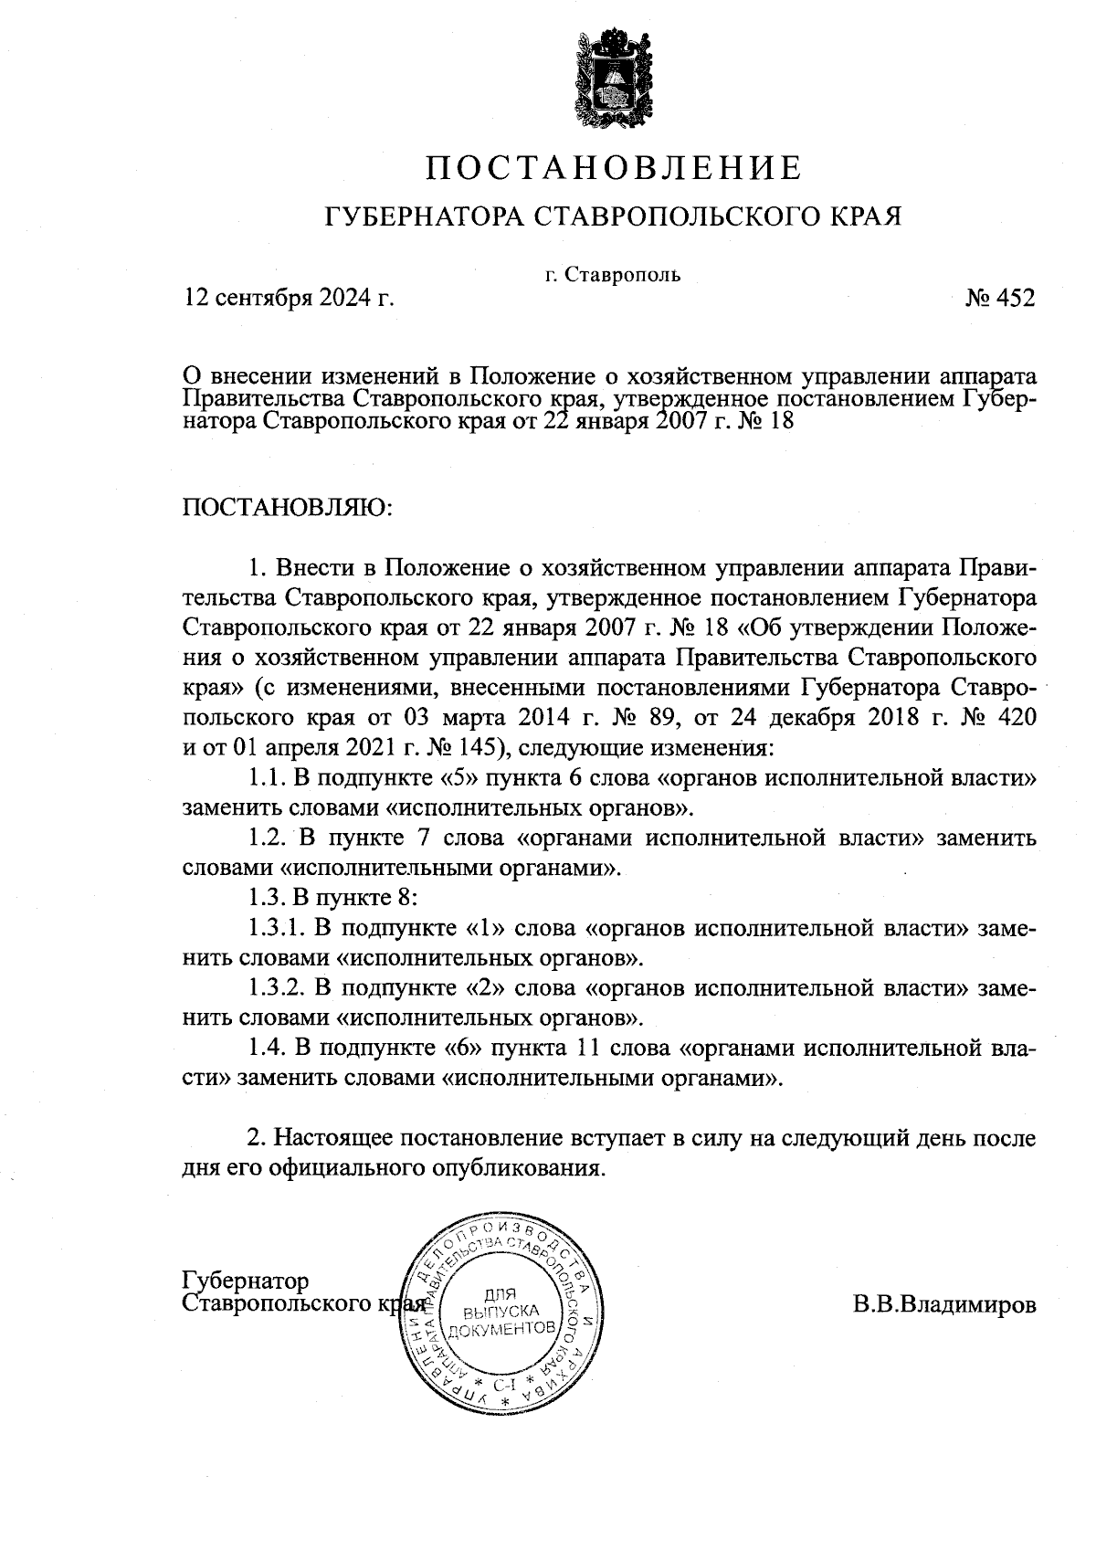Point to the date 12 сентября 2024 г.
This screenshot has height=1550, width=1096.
(x=290, y=299)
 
